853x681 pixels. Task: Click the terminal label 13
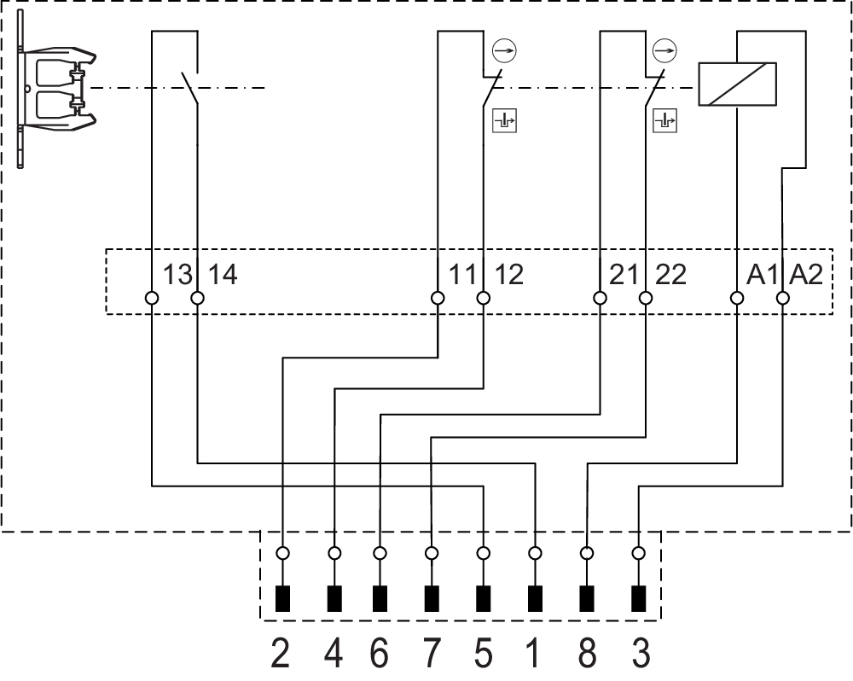pyautogui.click(x=177, y=275)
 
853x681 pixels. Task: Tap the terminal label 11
pyautogui.click(x=463, y=275)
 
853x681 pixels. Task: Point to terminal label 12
pyautogui.click(x=508, y=275)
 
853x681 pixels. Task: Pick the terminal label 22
pyautogui.click(x=670, y=275)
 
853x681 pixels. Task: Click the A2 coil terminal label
pyautogui.click(x=807, y=275)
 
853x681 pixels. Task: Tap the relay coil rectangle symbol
pyautogui.click(x=737, y=84)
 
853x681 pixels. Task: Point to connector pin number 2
pyautogui.click(x=281, y=655)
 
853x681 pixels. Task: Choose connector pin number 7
pyautogui.click(x=432, y=655)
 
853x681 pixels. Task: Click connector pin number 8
pyautogui.click(x=587, y=655)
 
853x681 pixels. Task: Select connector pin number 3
pyautogui.click(x=640, y=655)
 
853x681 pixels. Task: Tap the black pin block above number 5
pyautogui.click(x=484, y=599)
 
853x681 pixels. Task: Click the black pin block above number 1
pyautogui.click(x=536, y=599)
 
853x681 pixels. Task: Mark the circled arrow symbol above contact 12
pyautogui.click(x=505, y=51)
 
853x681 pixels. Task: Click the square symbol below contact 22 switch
pyautogui.click(x=664, y=120)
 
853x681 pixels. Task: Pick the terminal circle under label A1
pyautogui.click(x=736, y=298)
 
